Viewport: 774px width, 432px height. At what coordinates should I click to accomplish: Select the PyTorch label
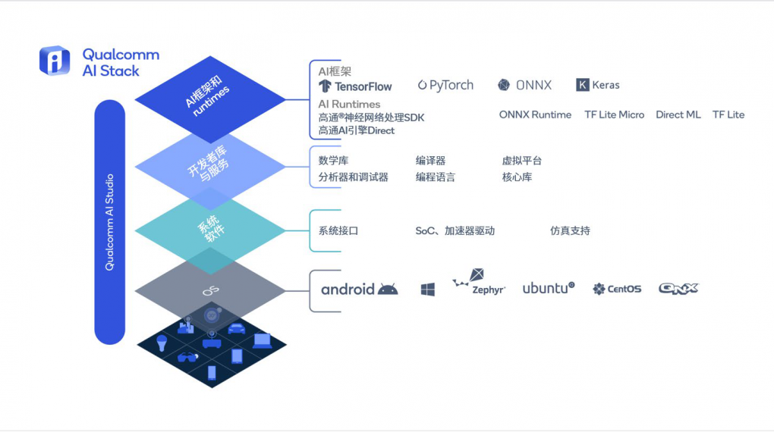(x=445, y=86)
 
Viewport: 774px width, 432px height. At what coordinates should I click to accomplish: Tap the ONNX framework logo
(x=524, y=86)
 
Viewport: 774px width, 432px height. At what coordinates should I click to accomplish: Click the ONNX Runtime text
(x=535, y=115)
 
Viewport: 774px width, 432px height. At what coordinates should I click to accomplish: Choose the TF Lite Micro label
(x=614, y=115)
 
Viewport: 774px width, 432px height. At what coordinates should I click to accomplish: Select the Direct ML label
(x=678, y=115)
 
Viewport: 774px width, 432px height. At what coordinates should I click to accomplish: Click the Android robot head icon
(x=388, y=290)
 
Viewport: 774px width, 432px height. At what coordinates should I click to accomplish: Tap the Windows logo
(x=428, y=290)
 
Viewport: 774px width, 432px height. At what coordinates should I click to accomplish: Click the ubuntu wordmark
(x=549, y=288)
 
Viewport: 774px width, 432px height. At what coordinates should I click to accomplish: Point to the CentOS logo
(x=617, y=289)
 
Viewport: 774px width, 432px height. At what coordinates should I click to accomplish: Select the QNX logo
(x=678, y=289)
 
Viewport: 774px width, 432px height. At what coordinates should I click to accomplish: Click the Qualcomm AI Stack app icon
(x=55, y=61)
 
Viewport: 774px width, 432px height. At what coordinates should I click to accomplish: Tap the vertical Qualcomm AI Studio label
(x=109, y=222)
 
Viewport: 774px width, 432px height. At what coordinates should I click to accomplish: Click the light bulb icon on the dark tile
(x=162, y=343)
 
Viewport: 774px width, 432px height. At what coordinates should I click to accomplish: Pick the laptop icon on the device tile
(x=262, y=341)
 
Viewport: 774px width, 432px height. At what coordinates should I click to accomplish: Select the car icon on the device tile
(x=237, y=328)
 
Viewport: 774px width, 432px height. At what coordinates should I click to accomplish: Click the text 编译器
(x=430, y=161)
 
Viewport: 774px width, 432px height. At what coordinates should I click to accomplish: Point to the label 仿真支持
(x=570, y=231)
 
